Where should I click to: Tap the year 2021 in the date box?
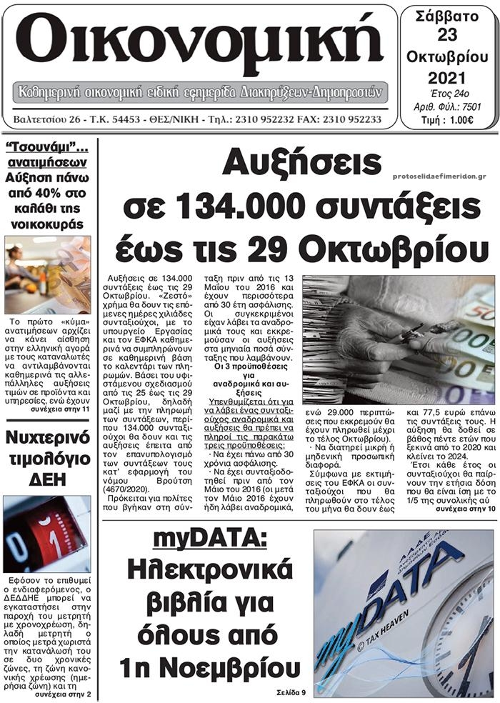click(x=447, y=77)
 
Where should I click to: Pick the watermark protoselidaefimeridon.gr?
click(x=439, y=175)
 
